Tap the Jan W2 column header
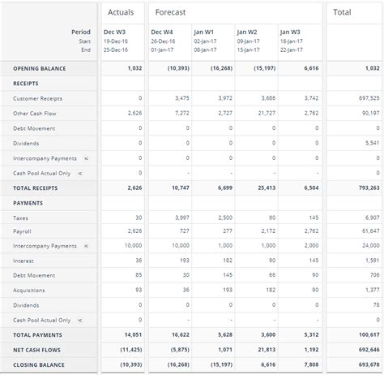click(x=246, y=32)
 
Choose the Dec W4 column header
click(x=162, y=32)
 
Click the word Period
click(x=81, y=32)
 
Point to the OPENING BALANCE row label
click(x=39, y=68)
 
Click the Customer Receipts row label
click(x=37, y=98)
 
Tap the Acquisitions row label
click(x=29, y=290)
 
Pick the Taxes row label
click(x=20, y=218)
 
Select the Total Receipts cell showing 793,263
click(x=365, y=187)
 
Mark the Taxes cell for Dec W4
click(x=181, y=218)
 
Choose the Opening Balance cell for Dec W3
click(x=133, y=68)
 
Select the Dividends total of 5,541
click(x=371, y=143)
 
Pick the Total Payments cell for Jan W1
click(x=222, y=334)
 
